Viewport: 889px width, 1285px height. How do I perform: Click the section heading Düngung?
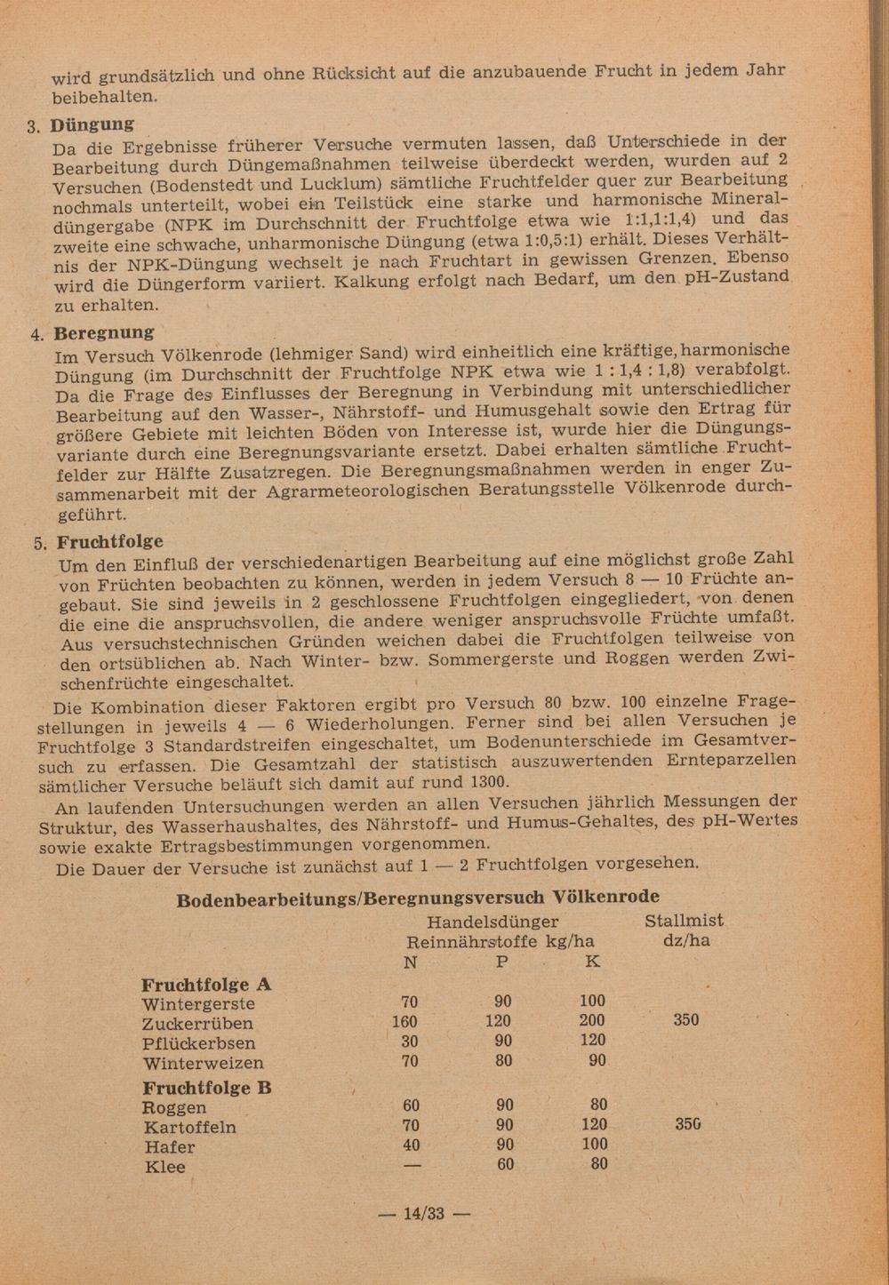click(92, 124)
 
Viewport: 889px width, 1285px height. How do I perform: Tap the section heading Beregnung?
click(103, 333)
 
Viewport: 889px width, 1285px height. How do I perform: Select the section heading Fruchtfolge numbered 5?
click(110, 542)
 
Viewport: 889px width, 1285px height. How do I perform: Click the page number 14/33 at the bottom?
click(423, 1213)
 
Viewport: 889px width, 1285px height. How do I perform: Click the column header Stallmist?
click(684, 921)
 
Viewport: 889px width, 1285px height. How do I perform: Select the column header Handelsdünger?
click(493, 922)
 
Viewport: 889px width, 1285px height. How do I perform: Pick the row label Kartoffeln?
click(190, 1128)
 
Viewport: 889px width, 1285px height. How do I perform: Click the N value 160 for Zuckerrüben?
click(404, 1022)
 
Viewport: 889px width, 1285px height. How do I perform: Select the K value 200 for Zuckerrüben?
click(591, 1021)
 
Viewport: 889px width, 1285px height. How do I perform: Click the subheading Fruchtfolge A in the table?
click(206, 985)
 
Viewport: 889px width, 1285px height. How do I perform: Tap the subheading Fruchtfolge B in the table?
click(207, 1088)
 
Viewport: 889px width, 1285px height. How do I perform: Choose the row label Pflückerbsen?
click(198, 1043)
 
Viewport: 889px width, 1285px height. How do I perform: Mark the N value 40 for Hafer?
click(410, 1145)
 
